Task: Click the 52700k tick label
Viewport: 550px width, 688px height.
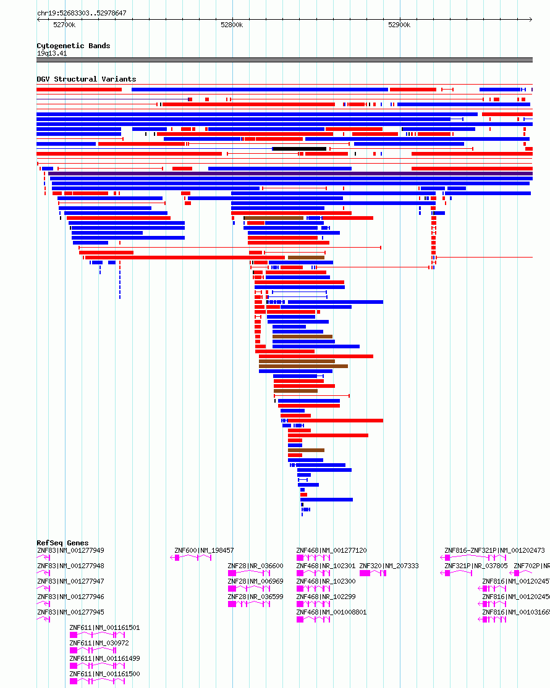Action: pos(64,25)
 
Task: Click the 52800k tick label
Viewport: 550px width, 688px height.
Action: pos(232,25)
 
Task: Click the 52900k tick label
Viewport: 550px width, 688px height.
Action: pos(399,25)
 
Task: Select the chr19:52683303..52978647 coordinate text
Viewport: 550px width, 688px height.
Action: pos(82,13)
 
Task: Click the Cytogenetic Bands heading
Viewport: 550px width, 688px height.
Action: pos(73,46)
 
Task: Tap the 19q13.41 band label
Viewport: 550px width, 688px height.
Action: pos(52,53)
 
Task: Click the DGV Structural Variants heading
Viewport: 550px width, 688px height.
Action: pos(86,79)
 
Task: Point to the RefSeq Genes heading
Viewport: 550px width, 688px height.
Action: pos(62,543)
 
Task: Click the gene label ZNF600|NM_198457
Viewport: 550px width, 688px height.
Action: pos(204,550)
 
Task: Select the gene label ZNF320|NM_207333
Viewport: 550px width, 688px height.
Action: pos(389,566)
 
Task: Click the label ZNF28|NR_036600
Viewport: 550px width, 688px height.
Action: pos(255,566)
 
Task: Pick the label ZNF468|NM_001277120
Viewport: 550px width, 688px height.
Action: pos(331,550)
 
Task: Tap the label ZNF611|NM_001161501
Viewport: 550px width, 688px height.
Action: pos(104,627)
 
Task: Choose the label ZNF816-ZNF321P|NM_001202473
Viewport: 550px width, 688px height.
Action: pos(494,550)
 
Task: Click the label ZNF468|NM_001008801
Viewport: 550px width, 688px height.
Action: pos(331,612)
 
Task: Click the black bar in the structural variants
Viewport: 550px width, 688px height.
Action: pos(299,149)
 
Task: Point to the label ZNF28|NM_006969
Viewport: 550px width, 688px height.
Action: pos(255,581)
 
